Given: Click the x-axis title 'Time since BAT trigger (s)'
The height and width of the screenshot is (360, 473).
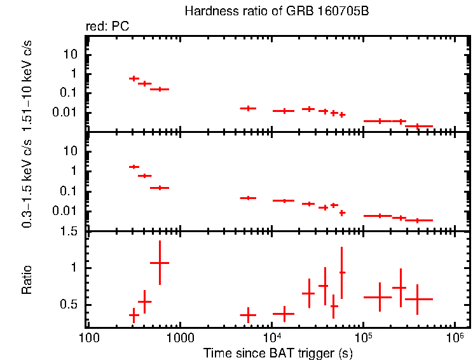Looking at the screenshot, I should [278, 352].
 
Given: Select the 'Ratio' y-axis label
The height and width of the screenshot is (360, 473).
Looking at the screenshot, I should [27, 280].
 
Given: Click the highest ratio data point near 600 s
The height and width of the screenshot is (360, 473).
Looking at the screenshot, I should [160, 262].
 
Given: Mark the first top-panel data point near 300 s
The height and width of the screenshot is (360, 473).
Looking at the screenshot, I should [134, 78].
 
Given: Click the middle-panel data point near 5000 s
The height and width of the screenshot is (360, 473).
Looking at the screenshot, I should [247, 198].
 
